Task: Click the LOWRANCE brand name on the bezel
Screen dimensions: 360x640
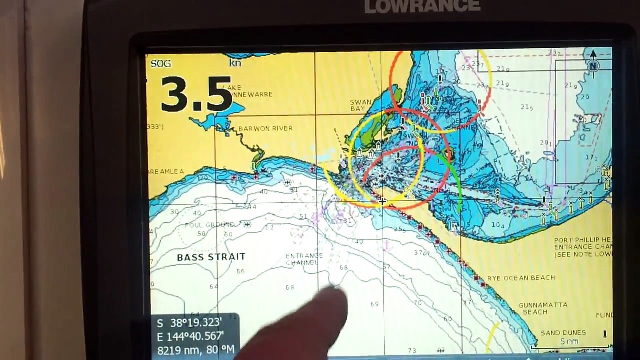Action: coord(422,6)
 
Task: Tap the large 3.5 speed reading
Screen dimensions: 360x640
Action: coord(196,94)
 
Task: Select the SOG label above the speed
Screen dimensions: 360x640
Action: coord(161,63)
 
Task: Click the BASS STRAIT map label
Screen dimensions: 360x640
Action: coord(211,257)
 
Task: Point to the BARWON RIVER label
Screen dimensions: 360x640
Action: coord(265,128)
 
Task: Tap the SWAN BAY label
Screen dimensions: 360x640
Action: coord(361,105)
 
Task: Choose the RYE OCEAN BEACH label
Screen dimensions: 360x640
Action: coord(521,278)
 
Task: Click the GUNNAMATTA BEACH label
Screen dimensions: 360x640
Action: coord(543,308)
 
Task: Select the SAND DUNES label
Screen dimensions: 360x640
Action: coord(563,333)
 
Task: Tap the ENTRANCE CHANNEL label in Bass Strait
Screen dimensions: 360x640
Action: coord(304,259)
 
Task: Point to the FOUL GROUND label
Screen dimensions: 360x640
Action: coord(209,225)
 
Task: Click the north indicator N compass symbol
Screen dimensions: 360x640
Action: coord(593,65)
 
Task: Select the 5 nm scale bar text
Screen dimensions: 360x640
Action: coord(569,342)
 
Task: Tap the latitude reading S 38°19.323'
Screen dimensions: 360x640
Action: coord(190,323)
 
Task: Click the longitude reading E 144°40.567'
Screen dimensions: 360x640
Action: coord(191,337)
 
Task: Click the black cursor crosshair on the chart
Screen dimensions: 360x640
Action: coord(382,201)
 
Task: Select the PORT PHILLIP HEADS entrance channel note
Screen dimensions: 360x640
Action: coord(583,247)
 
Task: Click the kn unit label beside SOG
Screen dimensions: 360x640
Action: coord(235,63)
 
